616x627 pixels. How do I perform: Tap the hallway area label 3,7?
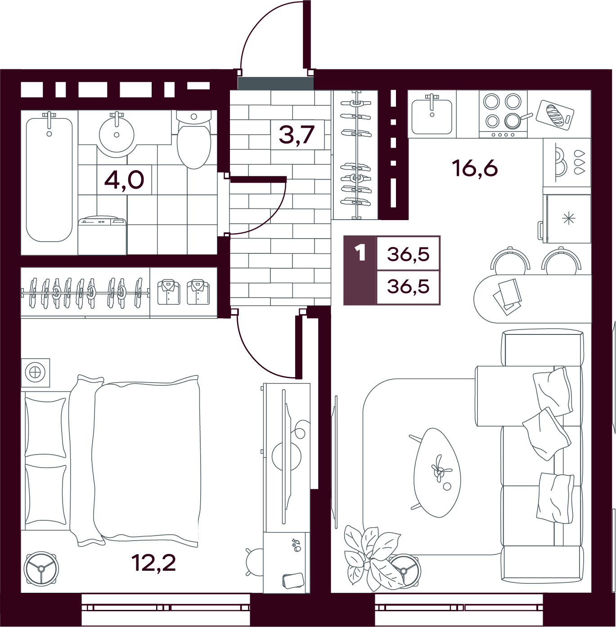[x=297, y=135]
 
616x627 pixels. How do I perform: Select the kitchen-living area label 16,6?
[x=476, y=169]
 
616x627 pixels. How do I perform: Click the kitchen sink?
[x=432, y=117]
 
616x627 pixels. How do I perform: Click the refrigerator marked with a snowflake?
[x=567, y=219]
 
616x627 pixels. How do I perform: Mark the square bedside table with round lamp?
[x=36, y=373]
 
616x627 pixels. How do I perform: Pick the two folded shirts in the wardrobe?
[x=183, y=292]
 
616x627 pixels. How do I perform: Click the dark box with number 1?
[x=360, y=271]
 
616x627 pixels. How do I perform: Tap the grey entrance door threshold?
[x=276, y=83]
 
